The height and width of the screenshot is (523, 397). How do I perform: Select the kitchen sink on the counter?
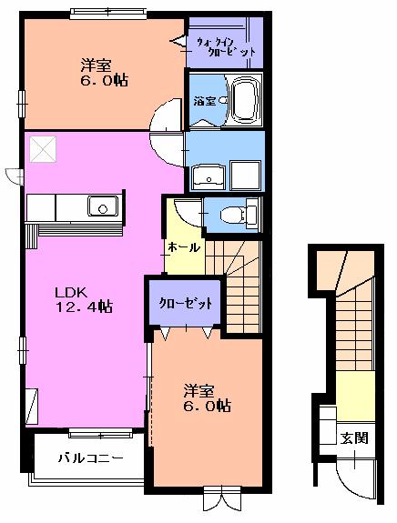102,207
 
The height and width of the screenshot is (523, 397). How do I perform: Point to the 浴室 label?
204,102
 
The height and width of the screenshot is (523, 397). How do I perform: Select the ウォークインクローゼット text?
226,45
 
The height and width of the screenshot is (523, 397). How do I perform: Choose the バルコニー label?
88,458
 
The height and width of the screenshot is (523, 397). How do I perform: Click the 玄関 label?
354,438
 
